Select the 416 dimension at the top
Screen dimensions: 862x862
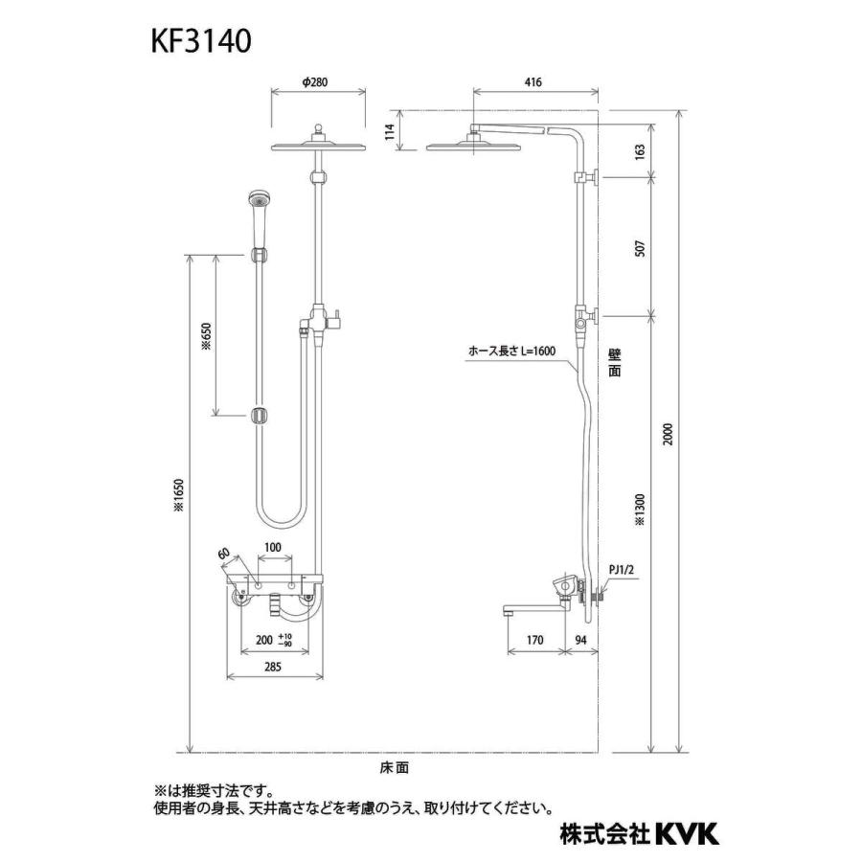(533, 82)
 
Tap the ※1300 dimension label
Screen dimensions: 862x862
(640, 510)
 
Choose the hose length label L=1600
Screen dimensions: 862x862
(512, 352)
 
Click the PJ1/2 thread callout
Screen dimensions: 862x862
(623, 569)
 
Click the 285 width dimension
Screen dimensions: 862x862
(274, 669)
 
